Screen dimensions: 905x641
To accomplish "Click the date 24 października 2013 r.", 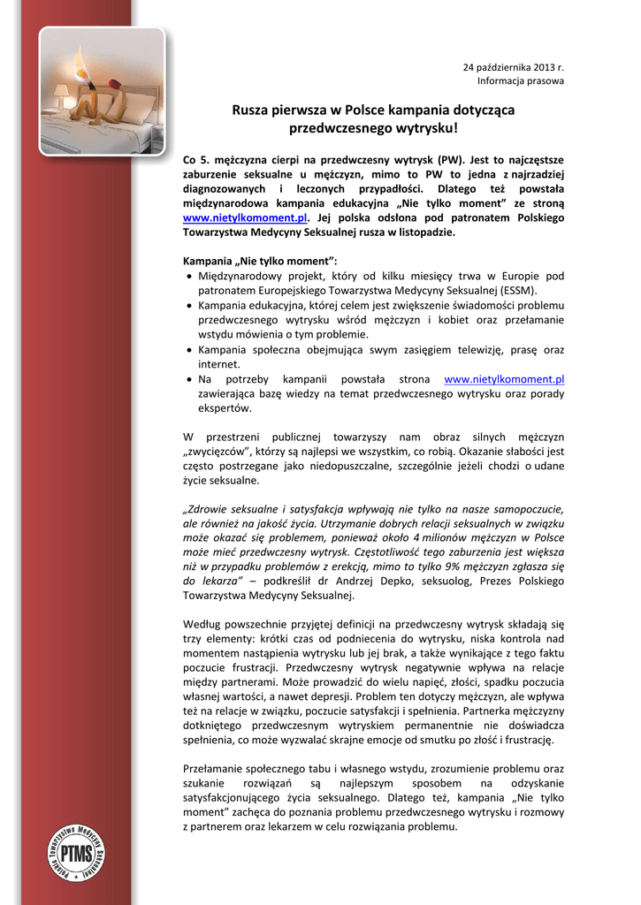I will [514, 67].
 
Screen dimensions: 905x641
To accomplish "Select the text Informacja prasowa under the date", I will [521, 81].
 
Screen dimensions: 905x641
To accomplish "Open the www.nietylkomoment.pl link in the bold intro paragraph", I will [245, 217].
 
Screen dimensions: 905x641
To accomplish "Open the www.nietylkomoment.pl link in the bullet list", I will [504, 379].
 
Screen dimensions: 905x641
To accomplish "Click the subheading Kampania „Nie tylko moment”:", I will [260, 261].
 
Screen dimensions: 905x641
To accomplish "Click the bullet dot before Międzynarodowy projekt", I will [189, 276].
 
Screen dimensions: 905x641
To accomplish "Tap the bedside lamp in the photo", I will [61, 91].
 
